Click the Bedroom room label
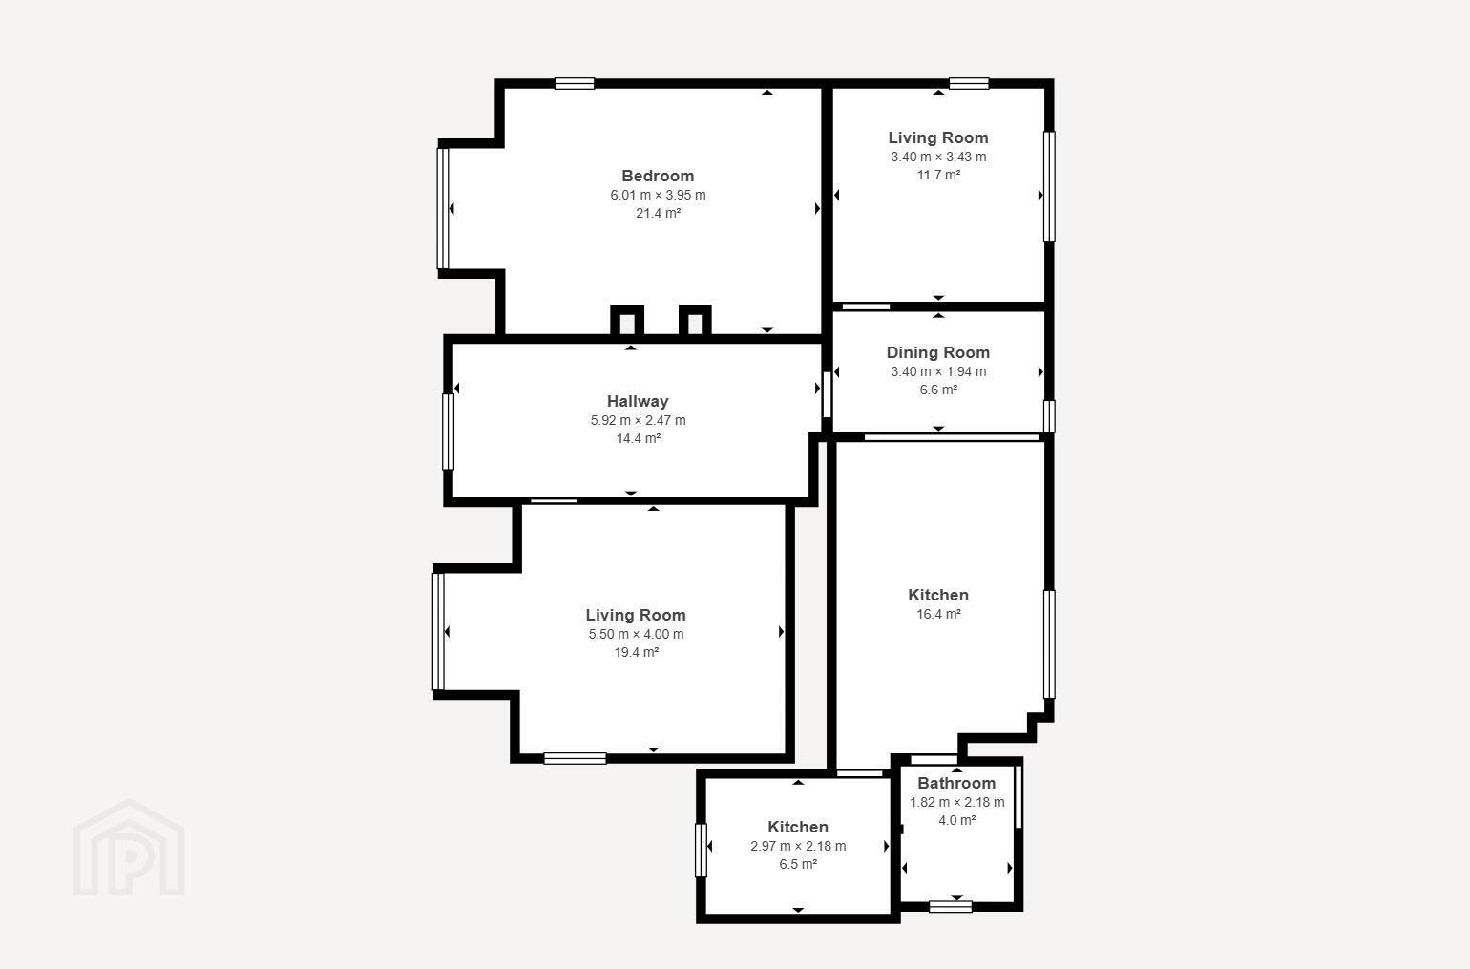[x=658, y=176]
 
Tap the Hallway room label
[x=638, y=401]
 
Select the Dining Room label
[x=937, y=352]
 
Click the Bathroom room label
[x=956, y=783]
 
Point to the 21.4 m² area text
[x=659, y=213]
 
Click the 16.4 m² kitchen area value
[x=938, y=614]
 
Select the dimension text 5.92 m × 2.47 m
[x=638, y=420]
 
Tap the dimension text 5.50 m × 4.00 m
[x=636, y=634]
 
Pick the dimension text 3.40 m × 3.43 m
[x=938, y=157]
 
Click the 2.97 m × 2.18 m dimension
[x=798, y=846]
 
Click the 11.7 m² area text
[x=938, y=175]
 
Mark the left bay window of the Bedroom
[x=443, y=209]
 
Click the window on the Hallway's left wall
[x=449, y=432]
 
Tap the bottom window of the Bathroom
[x=951, y=907]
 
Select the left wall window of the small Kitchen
[x=701, y=851]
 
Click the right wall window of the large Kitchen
[x=1049, y=644]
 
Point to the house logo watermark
[x=129, y=848]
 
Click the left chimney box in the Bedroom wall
[x=627, y=321]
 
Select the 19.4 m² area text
[x=636, y=652]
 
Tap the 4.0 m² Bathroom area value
[x=956, y=820]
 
